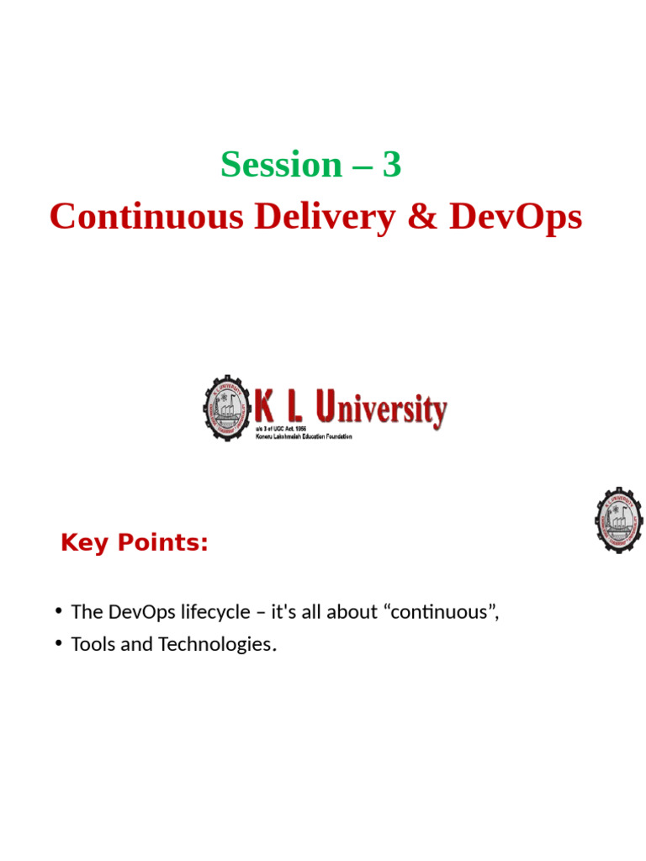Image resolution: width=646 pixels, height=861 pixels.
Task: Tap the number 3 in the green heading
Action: (392, 165)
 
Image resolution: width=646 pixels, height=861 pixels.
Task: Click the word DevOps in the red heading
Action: (515, 217)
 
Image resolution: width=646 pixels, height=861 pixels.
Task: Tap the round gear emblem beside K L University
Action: (227, 408)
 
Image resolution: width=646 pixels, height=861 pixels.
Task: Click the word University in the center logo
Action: (389, 410)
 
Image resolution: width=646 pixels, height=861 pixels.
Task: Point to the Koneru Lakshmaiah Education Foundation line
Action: (304, 436)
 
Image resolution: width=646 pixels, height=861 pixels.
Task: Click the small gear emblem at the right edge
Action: (619, 520)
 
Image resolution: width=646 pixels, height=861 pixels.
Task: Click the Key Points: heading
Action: (135, 543)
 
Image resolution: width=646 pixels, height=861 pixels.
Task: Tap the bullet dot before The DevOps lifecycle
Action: (58, 610)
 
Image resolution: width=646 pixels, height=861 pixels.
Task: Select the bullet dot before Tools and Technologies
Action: (58, 643)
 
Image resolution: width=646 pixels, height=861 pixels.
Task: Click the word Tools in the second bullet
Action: (92, 645)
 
